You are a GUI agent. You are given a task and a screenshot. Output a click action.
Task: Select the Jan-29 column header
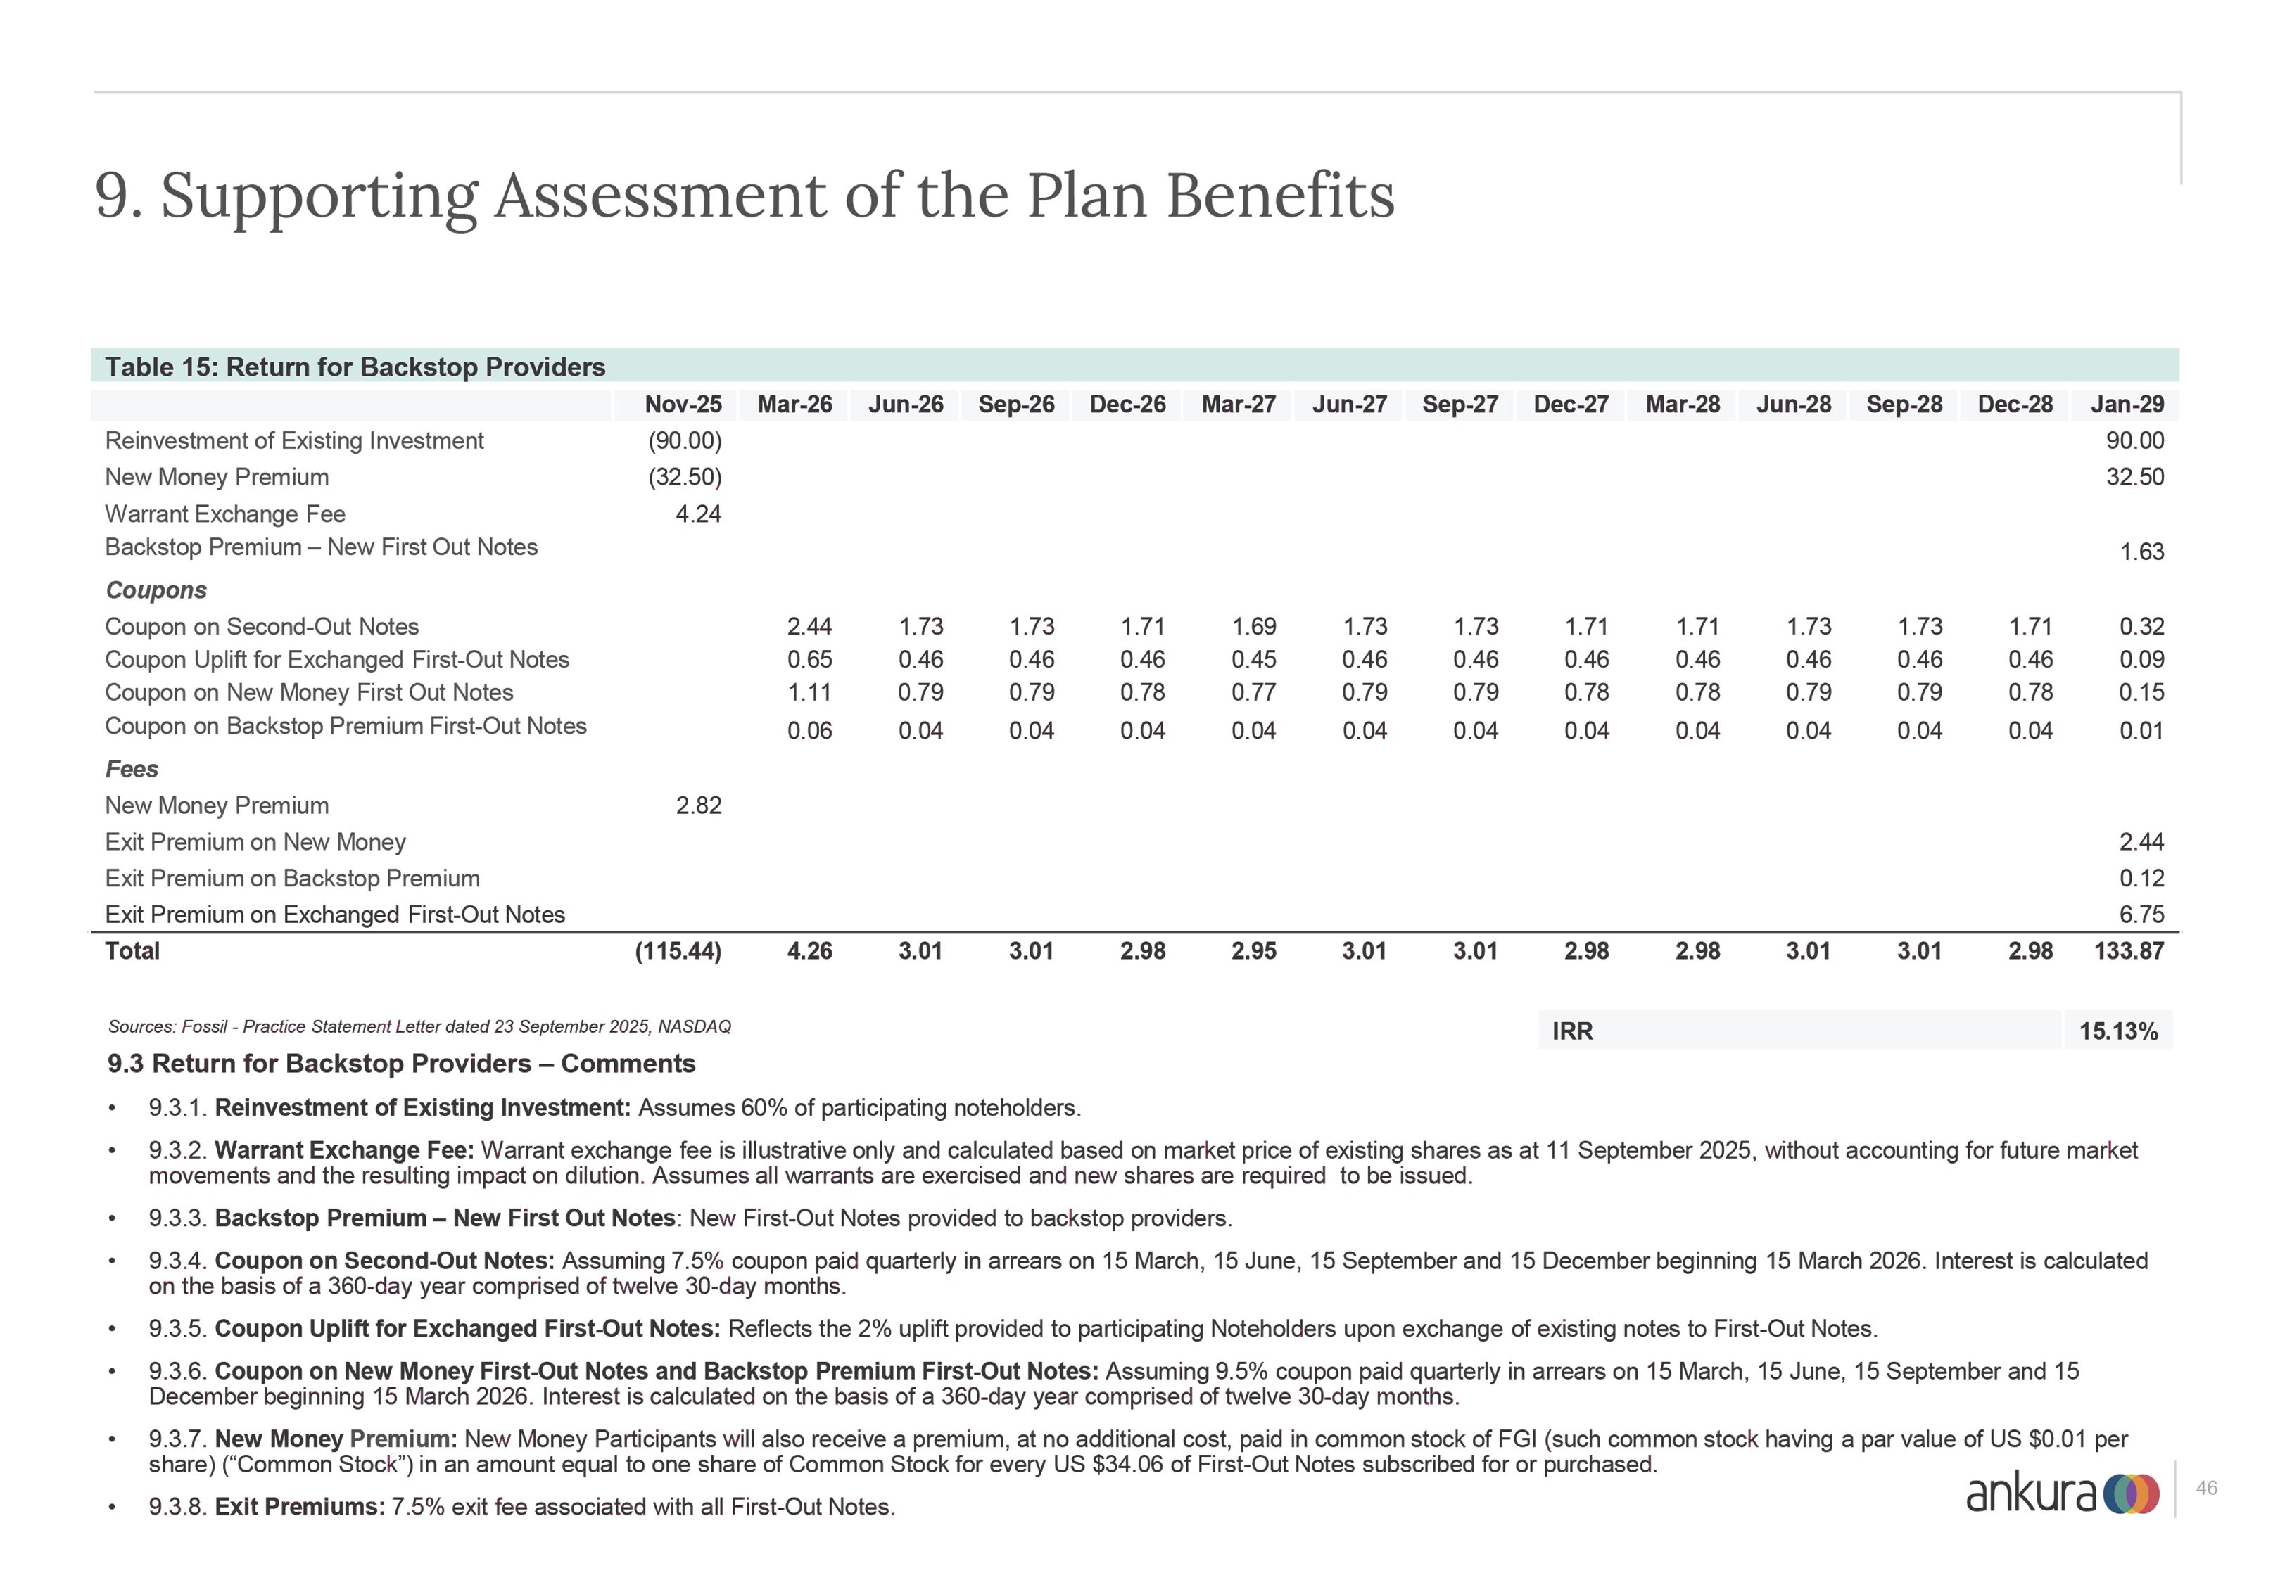[x=2127, y=404]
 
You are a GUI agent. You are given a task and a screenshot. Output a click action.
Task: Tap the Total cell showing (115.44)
[x=678, y=951]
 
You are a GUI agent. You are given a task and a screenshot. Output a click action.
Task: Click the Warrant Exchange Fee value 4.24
[x=698, y=514]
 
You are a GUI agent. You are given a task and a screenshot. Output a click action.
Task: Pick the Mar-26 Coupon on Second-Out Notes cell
[x=809, y=627]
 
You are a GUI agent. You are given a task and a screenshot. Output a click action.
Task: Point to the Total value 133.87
[x=2129, y=951]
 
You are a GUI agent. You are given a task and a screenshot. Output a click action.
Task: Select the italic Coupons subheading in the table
[x=156, y=590]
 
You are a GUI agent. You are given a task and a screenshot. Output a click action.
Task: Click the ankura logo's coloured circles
[x=2130, y=1494]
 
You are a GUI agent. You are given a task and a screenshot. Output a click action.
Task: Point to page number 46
[x=2207, y=1489]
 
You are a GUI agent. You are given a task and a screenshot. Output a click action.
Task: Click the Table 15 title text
[x=355, y=368]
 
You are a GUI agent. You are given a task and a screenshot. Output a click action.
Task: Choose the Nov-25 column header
[x=683, y=404]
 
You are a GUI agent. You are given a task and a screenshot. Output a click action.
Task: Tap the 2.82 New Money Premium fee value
[x=698, y=805]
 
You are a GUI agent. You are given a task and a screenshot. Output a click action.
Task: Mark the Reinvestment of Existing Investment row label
[x=293, y=440]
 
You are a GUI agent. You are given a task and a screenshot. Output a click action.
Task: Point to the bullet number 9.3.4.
[x=177, y=1261]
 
